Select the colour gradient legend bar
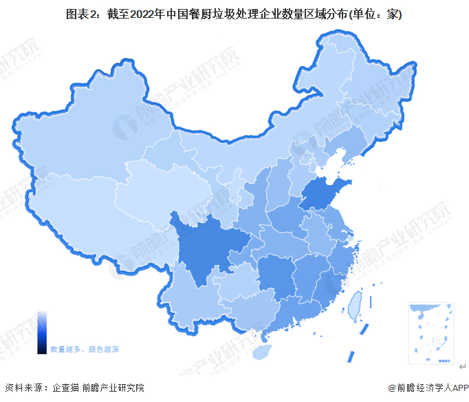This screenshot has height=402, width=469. (42, 332)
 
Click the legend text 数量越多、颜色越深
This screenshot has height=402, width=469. (84, 350)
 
